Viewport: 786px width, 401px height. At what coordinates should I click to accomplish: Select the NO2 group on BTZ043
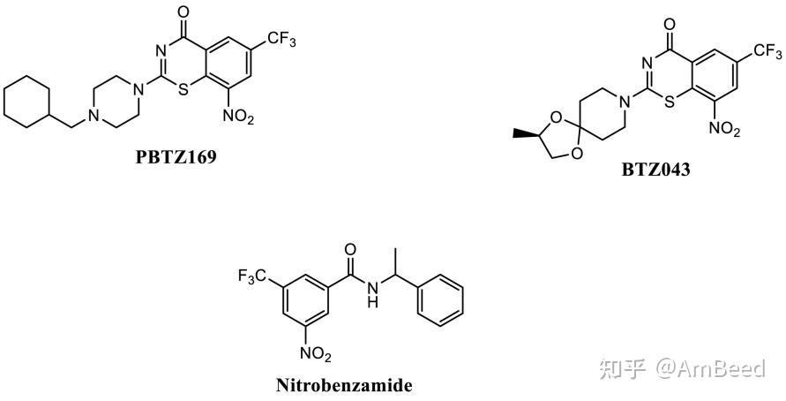pos(722,131)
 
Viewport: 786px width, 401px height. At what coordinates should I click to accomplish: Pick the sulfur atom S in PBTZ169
pos(183,88)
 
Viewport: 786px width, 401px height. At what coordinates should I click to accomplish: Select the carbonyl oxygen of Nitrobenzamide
pos(351,250)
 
